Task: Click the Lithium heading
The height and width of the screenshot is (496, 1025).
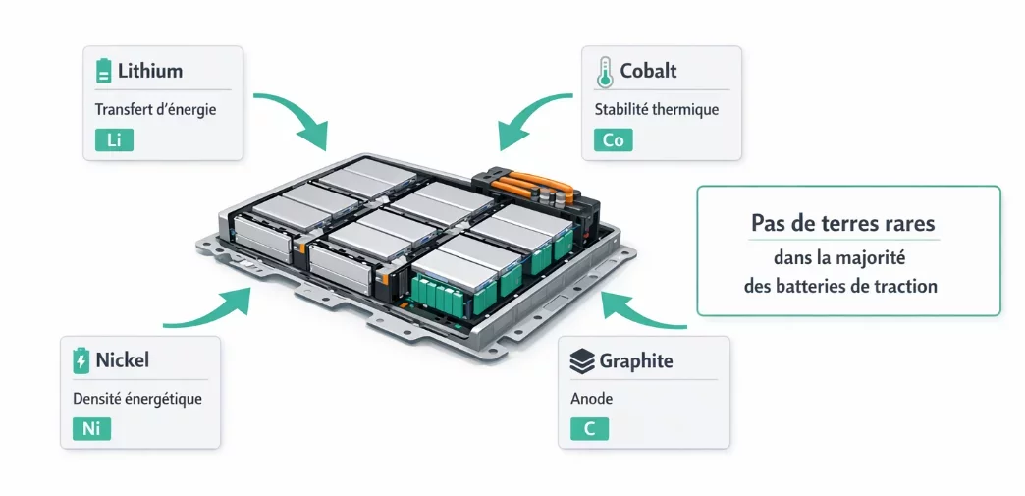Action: coord(150,71)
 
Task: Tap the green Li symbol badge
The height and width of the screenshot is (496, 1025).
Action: coord(113,140)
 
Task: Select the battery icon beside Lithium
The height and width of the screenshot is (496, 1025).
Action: coord(103,71)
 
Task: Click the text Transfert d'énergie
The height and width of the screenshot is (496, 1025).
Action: coord(155,109)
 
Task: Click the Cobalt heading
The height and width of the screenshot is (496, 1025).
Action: coord(648,71)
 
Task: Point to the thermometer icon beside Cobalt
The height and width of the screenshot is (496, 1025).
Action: coord(605,71)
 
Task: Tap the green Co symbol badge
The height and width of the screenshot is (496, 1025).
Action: coord(614,140)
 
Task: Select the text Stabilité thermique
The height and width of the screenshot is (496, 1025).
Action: coord(656,109)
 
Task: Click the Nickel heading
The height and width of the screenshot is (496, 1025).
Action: coord(122,360)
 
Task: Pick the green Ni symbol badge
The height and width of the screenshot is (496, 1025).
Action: coord(91,429)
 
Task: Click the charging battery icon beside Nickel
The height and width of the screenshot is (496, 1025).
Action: coord(81,360)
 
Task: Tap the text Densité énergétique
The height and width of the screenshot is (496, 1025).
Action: coord(136,399)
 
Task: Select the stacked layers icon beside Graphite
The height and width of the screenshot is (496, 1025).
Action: coord(582,361)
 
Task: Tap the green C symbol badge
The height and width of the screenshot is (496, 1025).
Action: coord(589,429)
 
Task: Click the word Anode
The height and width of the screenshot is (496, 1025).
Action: coord(591,399)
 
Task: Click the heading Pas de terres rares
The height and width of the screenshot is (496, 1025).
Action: coord(842,222)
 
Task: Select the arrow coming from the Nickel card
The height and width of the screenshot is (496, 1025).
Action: coord(211,311)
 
